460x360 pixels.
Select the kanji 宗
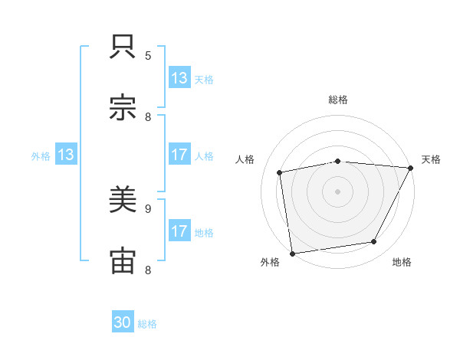point(123,109)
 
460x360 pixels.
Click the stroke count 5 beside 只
point(148,55)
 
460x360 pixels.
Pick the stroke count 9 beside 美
point(148,208)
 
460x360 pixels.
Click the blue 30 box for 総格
point(123,323)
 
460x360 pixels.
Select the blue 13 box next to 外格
point(65,155)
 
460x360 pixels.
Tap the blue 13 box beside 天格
point(179,78)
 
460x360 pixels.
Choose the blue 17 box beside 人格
point(179,155)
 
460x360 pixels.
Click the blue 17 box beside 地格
point(179,231)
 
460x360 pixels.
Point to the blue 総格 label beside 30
point(148,324)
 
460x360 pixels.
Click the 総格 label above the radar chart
point(337,100)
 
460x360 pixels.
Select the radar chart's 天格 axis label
point(432,159)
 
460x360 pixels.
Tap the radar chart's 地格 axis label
point(402,263)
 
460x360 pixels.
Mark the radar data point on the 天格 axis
point(410,168)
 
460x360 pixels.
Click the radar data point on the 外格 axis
point(292,253)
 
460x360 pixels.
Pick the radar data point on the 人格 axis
point(281,172)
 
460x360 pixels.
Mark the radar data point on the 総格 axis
point(337,161)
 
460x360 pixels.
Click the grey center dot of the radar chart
point(337,191)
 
